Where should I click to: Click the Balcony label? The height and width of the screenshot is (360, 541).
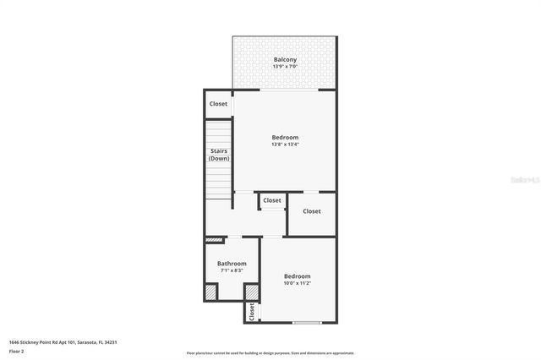tap(285, 59)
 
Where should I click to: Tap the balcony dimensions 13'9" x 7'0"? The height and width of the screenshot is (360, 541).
tap(285, 66)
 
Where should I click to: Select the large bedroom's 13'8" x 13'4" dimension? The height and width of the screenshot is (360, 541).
tap(285, 145)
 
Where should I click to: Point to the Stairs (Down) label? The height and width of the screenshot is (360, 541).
tap(219, 155)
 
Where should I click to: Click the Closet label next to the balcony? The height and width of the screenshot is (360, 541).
tap(219, 104)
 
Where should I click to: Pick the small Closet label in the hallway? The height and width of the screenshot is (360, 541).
tap(272, 200)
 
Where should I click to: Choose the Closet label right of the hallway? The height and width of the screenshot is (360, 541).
tap(312, 211)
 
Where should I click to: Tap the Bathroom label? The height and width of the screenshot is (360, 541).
tap(232, 264)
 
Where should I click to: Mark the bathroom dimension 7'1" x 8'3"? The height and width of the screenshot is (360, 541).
tap(232, 270)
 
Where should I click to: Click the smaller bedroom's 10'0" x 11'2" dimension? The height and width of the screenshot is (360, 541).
tap(297, 284)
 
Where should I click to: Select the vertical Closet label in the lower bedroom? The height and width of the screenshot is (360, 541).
tap(252, 312)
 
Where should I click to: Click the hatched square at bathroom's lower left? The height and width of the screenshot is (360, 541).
tap(210, 292)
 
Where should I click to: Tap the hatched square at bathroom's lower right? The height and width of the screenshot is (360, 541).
tap(251, 292)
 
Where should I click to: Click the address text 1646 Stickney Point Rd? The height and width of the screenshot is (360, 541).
tap(63, 342)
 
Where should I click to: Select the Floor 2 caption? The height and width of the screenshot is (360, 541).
tap(17, 351)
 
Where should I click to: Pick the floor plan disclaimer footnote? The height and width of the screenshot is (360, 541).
tap(270, 353)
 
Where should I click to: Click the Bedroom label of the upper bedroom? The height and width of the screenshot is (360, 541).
tap(285, 137)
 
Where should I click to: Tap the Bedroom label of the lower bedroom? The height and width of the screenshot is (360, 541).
tap(297, 276)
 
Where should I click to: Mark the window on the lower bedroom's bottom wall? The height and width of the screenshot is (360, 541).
tap(306, 323)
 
